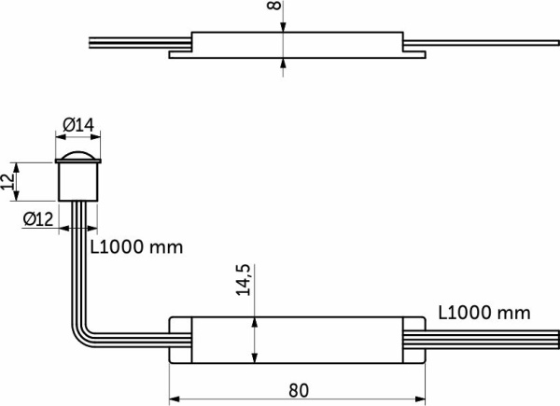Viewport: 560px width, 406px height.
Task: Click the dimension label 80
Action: [x=299, y=390]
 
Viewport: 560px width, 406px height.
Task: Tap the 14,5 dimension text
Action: [x=244, y=280]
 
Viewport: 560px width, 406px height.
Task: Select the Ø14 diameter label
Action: [x=78, y=125]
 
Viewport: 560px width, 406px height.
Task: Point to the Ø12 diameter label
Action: [x=38, y=219]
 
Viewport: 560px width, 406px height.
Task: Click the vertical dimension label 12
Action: [x=7, y=182]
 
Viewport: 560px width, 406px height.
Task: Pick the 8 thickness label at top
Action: [x=274, y=6]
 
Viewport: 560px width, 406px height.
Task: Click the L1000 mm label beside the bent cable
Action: [x=136, y=246]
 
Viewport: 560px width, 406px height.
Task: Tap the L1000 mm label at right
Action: [x=484, y=313]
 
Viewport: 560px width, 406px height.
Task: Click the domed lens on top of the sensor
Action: [x=78, y=156]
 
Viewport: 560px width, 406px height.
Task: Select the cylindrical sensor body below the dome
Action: [x=78, y=182]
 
